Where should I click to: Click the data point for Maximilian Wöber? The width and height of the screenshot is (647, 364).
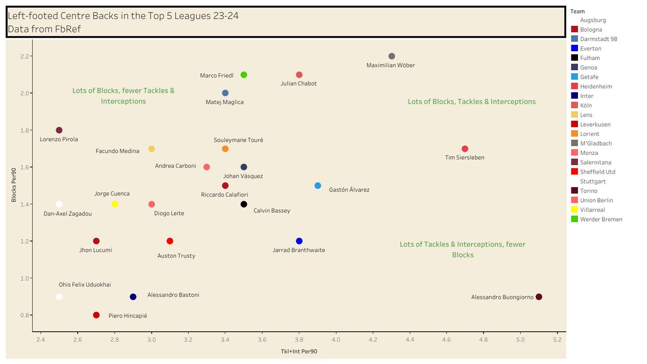tap(391, 56)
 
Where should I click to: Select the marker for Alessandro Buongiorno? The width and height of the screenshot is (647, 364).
tap(539, 297)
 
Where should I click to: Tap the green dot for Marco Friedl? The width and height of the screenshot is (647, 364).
tap(244, 74)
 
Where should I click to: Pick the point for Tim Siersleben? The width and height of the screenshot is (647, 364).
tap(465, 149)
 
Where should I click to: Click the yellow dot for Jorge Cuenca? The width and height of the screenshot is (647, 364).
tap(115, 204)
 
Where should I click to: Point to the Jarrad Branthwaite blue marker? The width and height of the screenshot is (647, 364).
tap(299, 241)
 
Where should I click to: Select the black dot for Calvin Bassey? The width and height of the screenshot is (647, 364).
tap(244, 204)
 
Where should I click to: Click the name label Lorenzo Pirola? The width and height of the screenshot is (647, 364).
tap(59, 139)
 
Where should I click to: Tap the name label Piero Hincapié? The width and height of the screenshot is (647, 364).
tap(128, 315)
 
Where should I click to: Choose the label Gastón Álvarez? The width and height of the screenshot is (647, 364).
tap(349, 190)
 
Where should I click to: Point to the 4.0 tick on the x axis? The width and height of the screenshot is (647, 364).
tap(336, 340)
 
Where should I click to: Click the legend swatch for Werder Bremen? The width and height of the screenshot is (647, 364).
tap(575, 219)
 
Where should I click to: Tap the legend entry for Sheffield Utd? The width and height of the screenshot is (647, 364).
tap(597, 172)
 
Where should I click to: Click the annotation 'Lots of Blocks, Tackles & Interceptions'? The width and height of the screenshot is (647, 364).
tap(472, 101)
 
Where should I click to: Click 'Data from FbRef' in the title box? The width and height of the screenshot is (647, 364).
tap(44, 29)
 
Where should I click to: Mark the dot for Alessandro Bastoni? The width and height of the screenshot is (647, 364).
tap(133, 297)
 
